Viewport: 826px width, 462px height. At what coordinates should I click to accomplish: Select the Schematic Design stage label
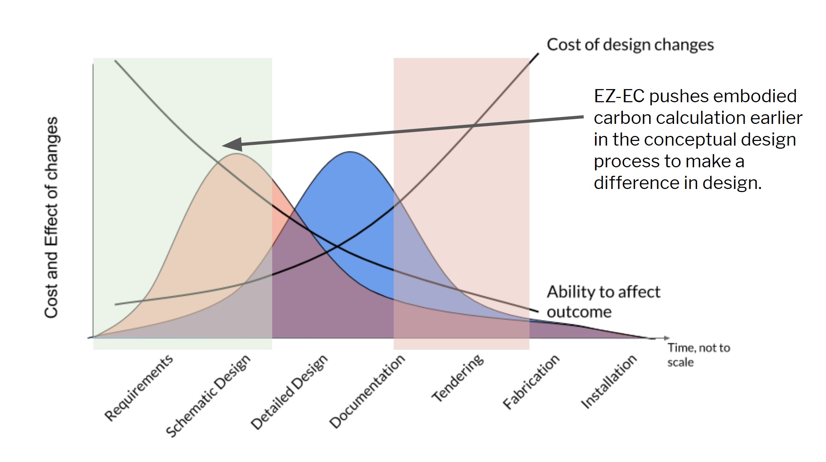pyautogui.click(x=208, y=395)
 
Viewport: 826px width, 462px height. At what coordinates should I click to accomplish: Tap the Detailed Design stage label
pyautogui.click(x=289, y=392)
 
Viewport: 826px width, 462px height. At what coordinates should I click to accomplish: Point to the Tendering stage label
pyautogui.click(x=458, y=378)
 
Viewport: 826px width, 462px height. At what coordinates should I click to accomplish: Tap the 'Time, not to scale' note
pyautogui.click(x=698, y=355)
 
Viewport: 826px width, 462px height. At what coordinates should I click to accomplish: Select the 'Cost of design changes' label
pyautogui.click(x=630, y=45)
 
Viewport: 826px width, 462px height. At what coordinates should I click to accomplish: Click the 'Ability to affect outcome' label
pyautogui.click(x=603, y=302)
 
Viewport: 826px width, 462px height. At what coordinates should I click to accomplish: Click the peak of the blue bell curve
pyautogui.click(x=350, y=152)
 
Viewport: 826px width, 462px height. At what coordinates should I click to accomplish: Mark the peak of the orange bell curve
pyautogui.click(x=237, y=154)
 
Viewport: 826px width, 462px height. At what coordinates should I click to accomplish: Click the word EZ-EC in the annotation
pyautogui.click(x=619, y=96)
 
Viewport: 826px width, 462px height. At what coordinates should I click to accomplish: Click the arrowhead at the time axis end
pyautogui.click(x=666, y=338)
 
